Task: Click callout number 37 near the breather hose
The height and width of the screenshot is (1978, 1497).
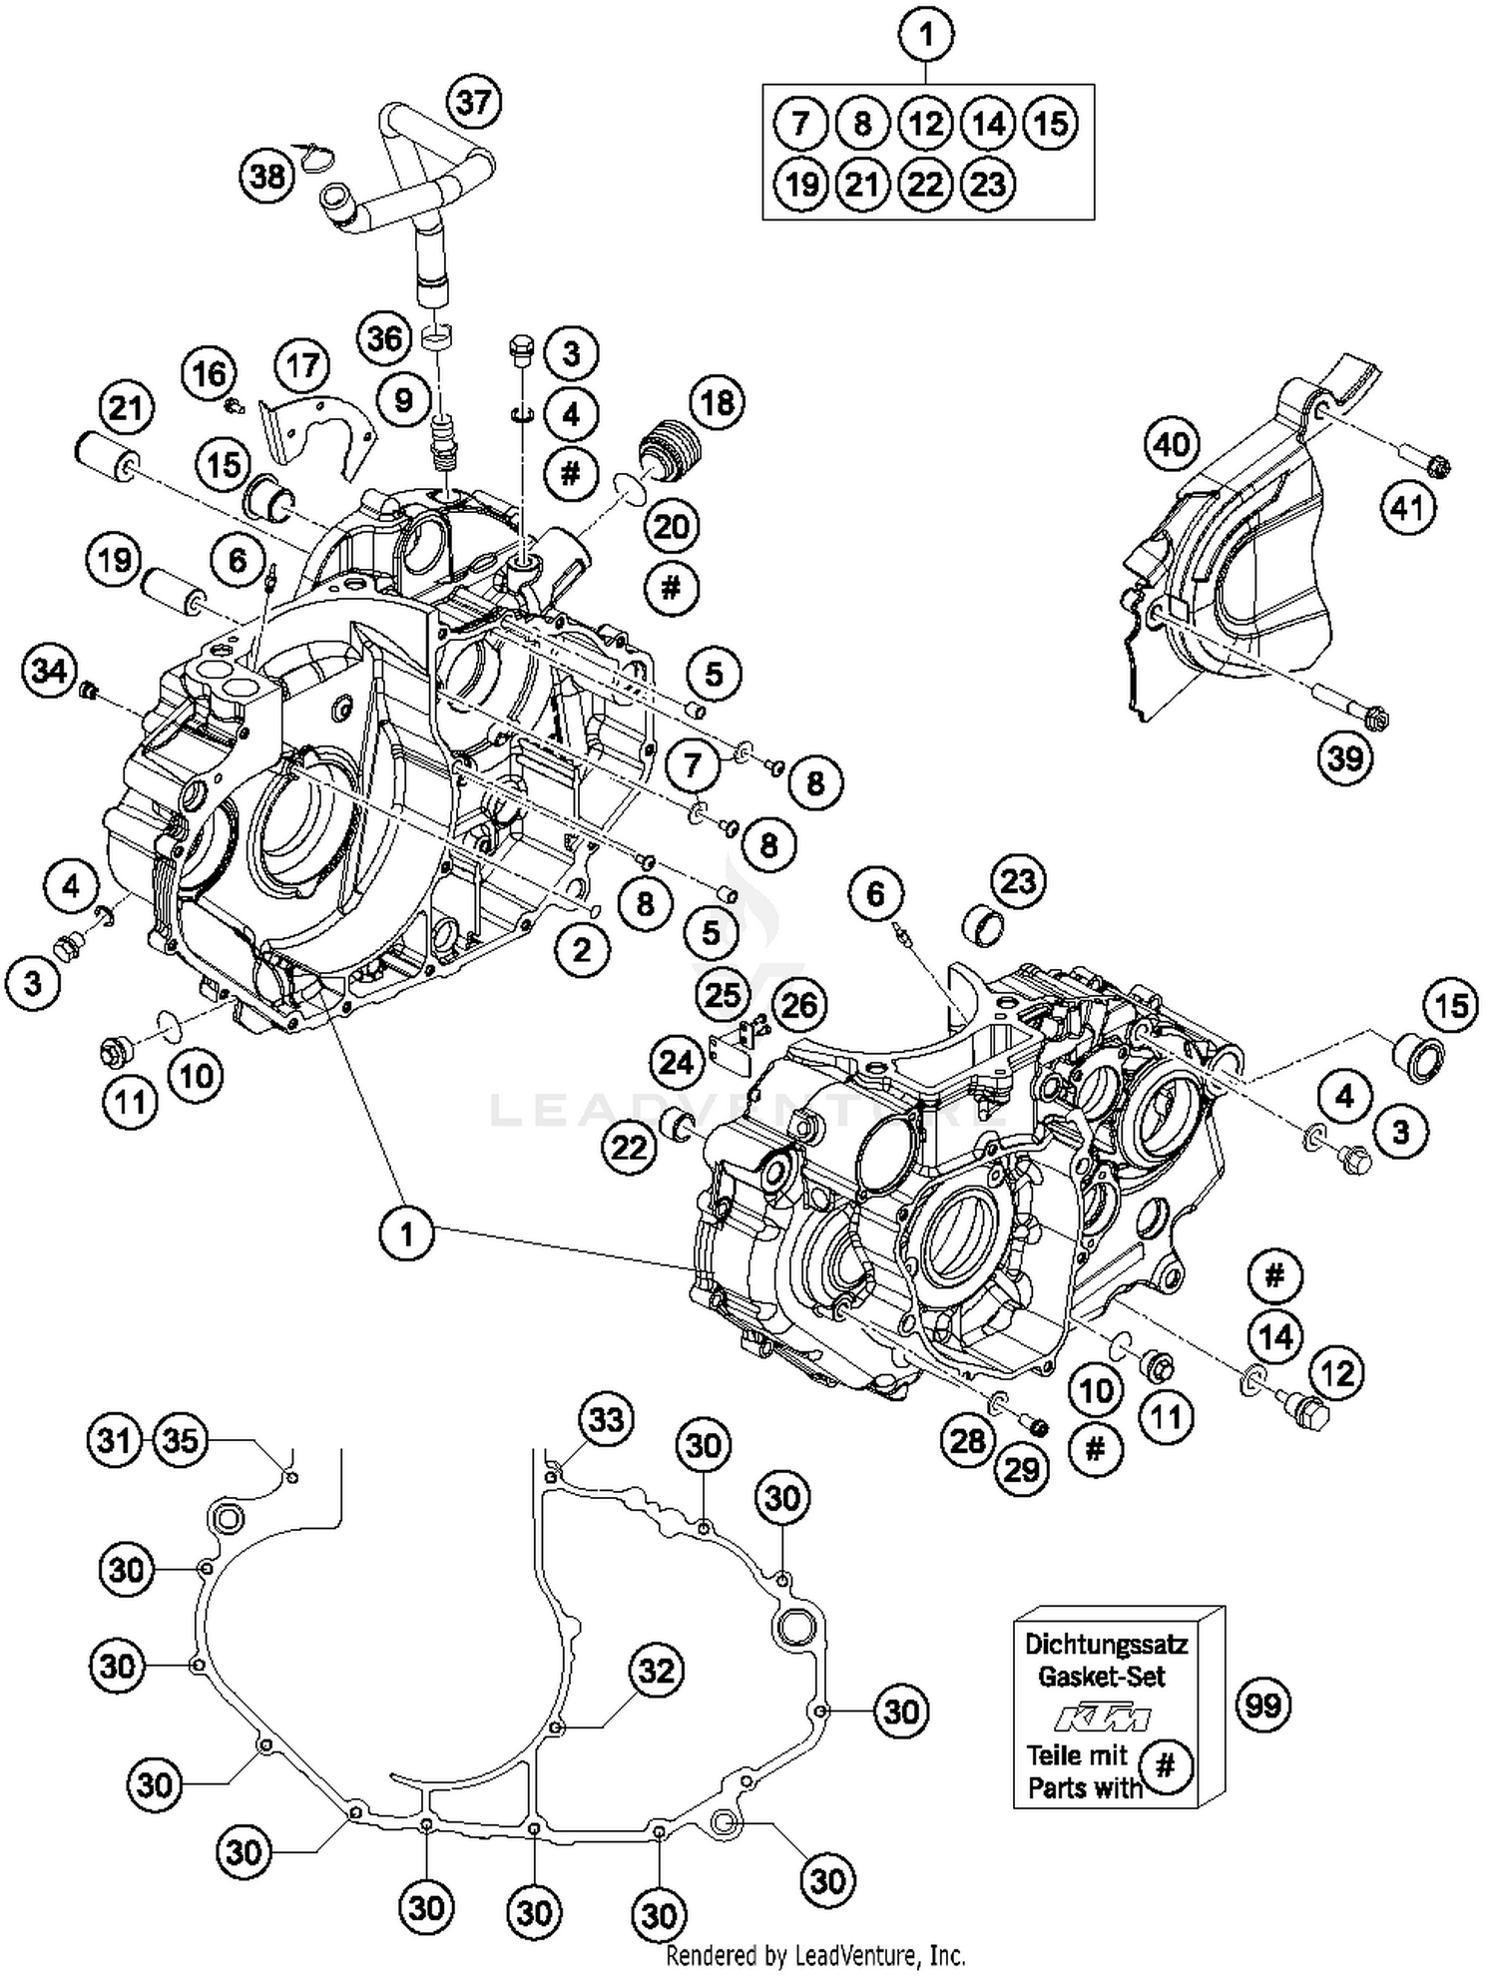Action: tap(474, 103)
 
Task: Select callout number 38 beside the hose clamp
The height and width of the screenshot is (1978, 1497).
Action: tap(267, 177)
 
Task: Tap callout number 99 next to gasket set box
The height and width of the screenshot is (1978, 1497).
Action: tap(1263, 1705)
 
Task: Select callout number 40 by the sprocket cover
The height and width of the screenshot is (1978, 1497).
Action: tap(1172, 443)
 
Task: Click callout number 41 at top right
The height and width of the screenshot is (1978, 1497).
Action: tap(1408, 508)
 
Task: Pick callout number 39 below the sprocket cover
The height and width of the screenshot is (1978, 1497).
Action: tap(1344, 758)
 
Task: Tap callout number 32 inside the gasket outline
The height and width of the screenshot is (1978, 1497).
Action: tap(657, 1670)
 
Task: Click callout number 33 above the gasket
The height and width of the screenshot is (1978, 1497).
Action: tap(607, 1420)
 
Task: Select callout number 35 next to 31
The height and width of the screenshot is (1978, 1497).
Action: tap(181, 1440)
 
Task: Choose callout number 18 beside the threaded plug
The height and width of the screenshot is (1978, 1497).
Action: tap(717, 402)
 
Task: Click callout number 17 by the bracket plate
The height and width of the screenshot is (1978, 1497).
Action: tap(303, 364)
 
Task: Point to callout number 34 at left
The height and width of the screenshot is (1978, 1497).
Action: tap(49, 670)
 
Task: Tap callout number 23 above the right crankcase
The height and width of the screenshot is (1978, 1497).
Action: tap(1018, 882)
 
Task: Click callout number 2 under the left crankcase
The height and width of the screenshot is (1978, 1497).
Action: tap(582, 949)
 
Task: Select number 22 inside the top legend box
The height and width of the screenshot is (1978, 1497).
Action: tap(925, 185)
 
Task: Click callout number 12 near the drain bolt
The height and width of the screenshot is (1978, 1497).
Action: tap(1336, 1373)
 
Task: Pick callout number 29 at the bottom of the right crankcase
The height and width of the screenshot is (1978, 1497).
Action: tap(1022, 1469)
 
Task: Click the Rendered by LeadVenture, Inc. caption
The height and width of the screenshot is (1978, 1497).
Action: tap(815, 1954)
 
